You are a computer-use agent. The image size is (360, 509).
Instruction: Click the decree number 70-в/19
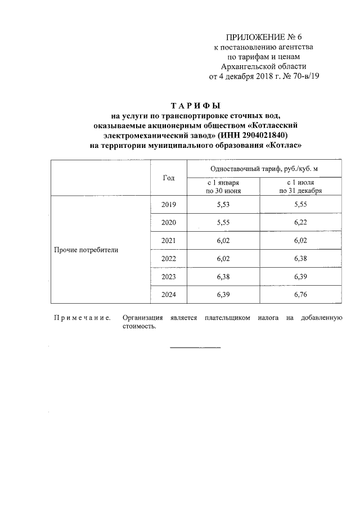(303, 76)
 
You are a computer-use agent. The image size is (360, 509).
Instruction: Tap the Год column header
(169, 178)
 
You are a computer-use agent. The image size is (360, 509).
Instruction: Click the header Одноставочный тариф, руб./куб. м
(264, 169)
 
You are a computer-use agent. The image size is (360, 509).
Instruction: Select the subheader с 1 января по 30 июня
(223, 187)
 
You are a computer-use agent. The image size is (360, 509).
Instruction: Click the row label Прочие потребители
(86, 250)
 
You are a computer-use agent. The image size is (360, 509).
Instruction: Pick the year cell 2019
(169, 205)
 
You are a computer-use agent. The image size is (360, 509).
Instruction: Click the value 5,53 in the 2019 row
(223, 205)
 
